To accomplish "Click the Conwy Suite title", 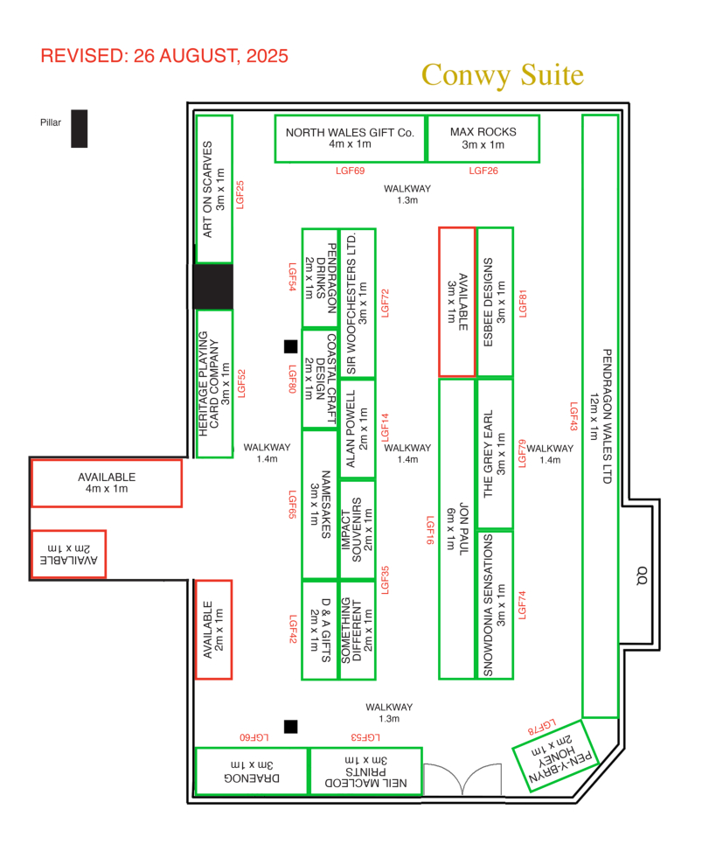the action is (x=503, y=75).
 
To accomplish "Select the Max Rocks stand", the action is (x=483, y=139).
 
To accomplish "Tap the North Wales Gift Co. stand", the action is (x=350, y=139).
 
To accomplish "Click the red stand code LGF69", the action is (x=351, y=171).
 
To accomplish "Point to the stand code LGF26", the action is (x=483, y=171).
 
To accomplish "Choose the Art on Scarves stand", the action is (x=214, y=189).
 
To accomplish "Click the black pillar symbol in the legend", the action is (x=79, y=129).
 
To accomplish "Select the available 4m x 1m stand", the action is (x=107, y=483).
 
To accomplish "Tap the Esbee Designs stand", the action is (x=495, y=302).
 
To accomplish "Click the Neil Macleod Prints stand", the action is (x=365, y=771).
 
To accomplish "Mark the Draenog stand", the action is (x=252, y=771).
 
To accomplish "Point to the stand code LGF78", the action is (x=542, y=727).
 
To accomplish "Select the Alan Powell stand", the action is (x=358, y=429).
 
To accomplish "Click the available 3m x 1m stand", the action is (x=457, y=302).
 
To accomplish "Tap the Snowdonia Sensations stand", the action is (x=495, y=604).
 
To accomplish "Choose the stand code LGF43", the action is (x=573, y=416).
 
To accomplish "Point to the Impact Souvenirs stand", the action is (x=358, y=530).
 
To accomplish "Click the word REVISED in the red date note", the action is (x=82, y=56).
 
